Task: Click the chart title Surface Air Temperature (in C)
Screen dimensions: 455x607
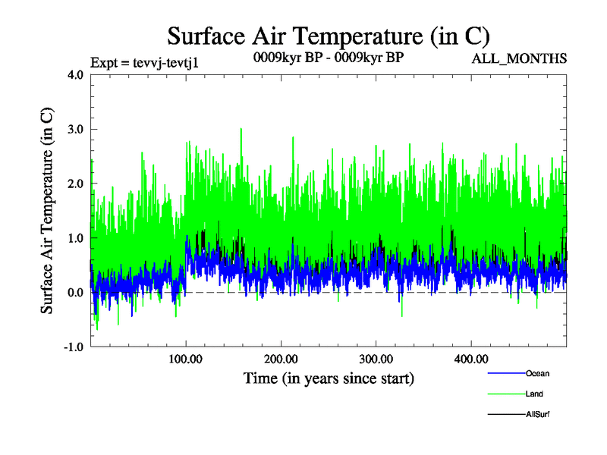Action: tap(329, 36)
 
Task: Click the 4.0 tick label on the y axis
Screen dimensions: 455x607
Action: tap(76, 75)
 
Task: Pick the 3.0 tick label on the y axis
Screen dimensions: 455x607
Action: tap(76, 130)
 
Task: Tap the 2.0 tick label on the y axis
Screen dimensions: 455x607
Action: tap(76, 184)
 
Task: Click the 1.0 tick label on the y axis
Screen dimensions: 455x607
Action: tap(76, 238)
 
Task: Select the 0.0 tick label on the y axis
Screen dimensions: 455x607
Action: tap(76, 293)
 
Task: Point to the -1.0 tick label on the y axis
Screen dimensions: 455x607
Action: tap(74, 347)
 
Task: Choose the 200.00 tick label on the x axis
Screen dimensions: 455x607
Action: tap(281, 359)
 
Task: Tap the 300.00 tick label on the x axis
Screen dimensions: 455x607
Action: tap(376, 359)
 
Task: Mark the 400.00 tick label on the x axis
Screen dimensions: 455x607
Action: tap(471, 359)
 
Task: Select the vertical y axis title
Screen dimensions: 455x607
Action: tap(47, 211)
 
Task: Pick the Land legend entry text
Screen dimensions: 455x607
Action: tap(534, 394)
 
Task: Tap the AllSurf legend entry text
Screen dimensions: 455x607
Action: tap(537, 415)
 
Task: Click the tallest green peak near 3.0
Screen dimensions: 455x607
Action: tap(241, 130)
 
